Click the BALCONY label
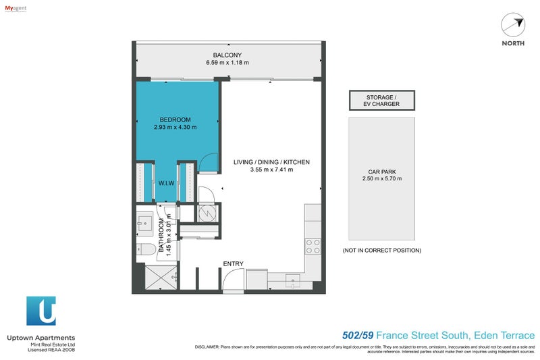(227, 55)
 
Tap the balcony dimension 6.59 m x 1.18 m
(227, 63)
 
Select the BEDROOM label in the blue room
(174, 120)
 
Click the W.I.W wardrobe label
(167, 182)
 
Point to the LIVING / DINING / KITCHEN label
(271, 162)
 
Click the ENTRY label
(234, 263)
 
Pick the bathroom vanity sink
(144, 222)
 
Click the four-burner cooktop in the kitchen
(313, 247)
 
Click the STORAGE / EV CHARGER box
(382, 101)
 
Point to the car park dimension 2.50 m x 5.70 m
(382, 178)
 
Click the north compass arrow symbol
(513, 25)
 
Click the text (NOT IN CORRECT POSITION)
(382, 250)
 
